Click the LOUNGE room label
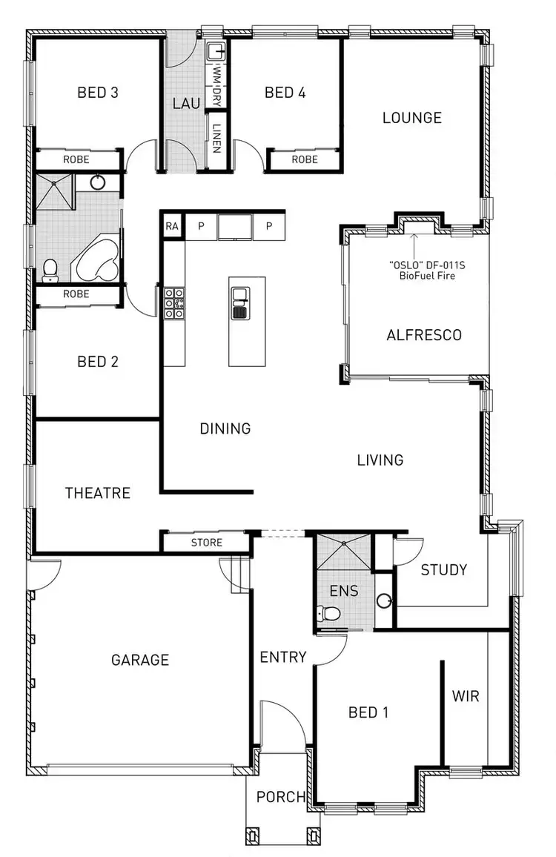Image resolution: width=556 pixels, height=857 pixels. click(x=411, y=117)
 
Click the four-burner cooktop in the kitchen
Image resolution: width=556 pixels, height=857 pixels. click(x=173, y=303)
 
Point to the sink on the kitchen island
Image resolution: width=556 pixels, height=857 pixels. click(x=239, y=302)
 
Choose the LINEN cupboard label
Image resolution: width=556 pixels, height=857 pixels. click(x=216, y=137)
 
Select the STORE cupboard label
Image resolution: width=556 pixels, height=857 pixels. click(x=206, y=543)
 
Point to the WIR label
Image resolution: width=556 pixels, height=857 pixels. click(x=466, y=696)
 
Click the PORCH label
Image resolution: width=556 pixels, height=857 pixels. click(x=281, y=797)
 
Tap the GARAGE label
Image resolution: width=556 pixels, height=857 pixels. click(x=140, y=660)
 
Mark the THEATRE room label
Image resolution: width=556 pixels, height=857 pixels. click(x=97, y=493)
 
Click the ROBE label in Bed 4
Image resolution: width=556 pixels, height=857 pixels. click(x=304, y=159)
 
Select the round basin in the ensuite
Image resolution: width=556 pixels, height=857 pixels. click(x=383, y=600)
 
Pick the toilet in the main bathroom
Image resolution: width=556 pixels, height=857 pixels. click(x=50, y=271)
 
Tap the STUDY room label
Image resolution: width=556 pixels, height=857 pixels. click(x=443, y=569)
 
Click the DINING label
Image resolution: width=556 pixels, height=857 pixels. click(x=225, y=428)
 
